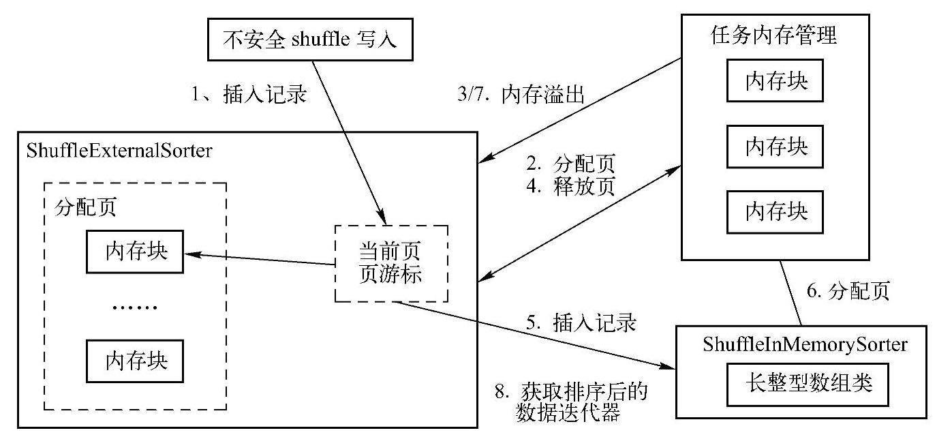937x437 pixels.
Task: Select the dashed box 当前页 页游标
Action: click(390, 263)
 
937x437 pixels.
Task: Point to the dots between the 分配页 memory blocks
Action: click(134, 306)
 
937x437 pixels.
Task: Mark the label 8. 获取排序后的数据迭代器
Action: click(571, 402)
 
